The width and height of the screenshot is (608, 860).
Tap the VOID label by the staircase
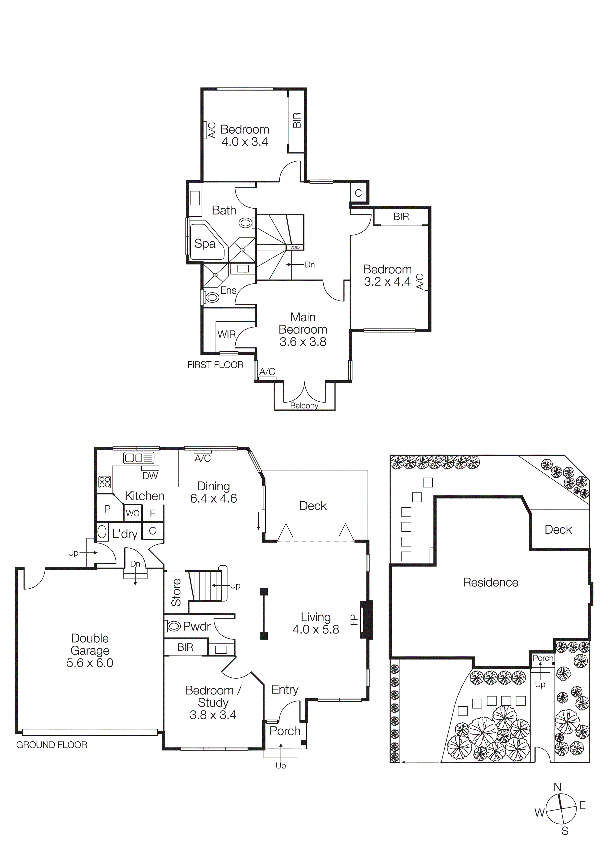pyautogui.click(x=295, y=248)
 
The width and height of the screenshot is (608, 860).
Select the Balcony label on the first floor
pyautogui.click(x=304, y=406)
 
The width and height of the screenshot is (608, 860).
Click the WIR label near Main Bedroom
pyautogui.click(x=226, y=334)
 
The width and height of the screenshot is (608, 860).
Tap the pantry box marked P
pyautogui.click(x=108, y=509)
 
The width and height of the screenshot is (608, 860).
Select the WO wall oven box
pyautogui.click(x=133, y=513)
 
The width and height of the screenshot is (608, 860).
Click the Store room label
pyautogui.click(x=176, y=592)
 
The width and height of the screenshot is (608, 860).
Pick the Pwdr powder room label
pyautogui.click(x=196, y=626)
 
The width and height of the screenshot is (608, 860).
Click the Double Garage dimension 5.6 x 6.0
pyautogui.click(x=90, y=663)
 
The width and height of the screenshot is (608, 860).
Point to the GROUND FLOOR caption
pyautogui.click(x=52, y=745)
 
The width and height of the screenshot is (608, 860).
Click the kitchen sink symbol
pyautogui.click(x=139, y=458)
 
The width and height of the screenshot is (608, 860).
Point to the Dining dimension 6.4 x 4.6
pyautogui.click(x=214, y=499)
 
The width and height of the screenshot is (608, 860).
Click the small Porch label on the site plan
pyautogui.click(x=543, y=658)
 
